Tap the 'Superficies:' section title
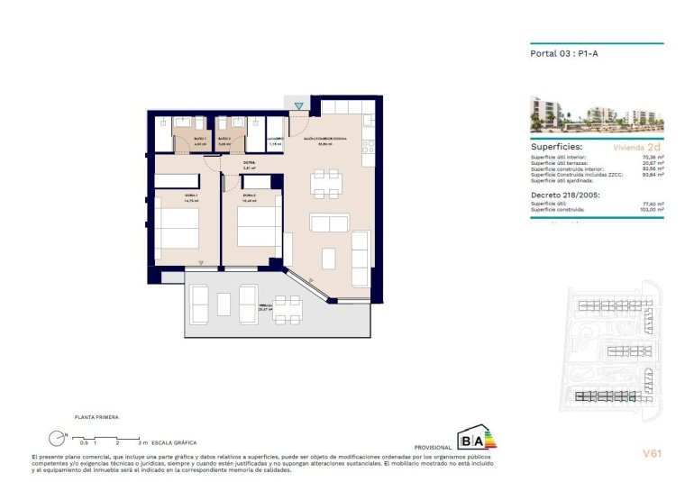556,145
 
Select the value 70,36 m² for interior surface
653,157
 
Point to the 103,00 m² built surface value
652,209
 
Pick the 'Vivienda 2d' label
637,145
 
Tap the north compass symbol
58,438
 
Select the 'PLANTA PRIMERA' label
96,417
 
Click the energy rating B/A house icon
472,439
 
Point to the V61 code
652,453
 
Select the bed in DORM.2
253,225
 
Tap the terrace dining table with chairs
288,309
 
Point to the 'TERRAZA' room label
264,305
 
